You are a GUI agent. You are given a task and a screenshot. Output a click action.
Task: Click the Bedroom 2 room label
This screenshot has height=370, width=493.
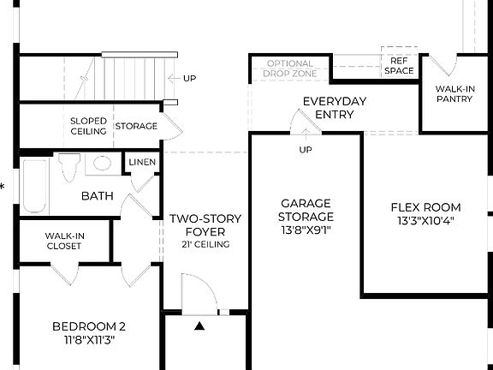point(89,325)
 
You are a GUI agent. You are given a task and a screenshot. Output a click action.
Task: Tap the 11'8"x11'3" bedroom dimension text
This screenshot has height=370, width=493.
point(89,339)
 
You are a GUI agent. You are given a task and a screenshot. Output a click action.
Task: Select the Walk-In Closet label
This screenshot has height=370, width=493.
point(64,240)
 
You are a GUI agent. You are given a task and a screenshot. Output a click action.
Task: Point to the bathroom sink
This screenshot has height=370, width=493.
point(103,164)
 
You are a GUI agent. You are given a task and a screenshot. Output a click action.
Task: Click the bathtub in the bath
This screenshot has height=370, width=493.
point(34,183)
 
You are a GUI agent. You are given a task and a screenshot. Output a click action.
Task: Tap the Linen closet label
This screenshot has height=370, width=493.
point(141,163)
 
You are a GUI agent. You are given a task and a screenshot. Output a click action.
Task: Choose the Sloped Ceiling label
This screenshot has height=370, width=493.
point(88,126)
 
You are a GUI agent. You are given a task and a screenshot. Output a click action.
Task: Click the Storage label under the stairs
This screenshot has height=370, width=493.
point(136,126)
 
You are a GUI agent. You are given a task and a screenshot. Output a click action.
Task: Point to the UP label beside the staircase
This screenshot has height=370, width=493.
point(189,79)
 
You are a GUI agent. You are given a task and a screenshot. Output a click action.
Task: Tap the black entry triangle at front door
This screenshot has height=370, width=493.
point(200,325)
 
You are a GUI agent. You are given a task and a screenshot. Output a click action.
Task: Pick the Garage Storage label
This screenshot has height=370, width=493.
point(306,209)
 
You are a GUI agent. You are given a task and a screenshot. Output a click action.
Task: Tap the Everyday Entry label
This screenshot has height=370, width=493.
point(335,108)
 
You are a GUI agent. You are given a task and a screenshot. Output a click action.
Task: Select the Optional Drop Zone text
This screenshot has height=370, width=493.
point(291,69)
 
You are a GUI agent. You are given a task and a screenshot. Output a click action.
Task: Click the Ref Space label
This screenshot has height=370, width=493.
point(399,66)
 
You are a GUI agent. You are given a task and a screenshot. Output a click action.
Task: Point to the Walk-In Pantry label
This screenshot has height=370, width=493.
point(456,93)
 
